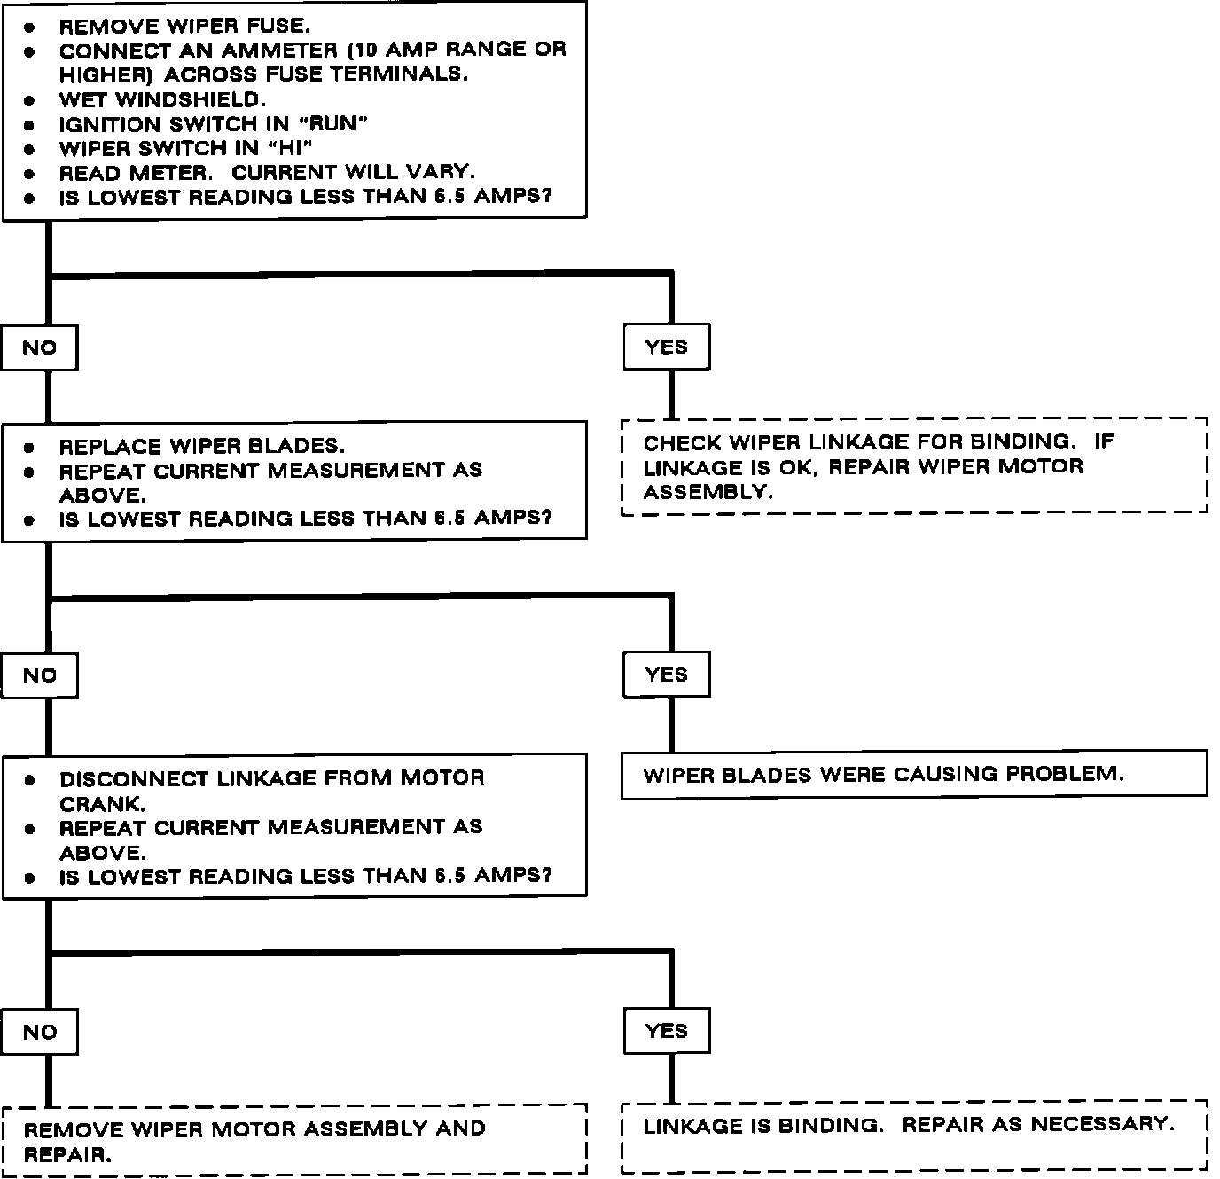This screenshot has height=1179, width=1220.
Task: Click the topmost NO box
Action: coord(39,347)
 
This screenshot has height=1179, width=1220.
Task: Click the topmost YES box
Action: coord(667,347)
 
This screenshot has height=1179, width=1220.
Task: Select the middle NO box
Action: coord(39,675)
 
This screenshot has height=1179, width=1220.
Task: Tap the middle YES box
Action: coord(667,674)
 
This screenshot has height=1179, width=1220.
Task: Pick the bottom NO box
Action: coord(39,1032)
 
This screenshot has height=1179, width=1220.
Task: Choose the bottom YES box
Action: coord(667,1030)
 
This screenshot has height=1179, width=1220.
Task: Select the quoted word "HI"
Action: coord(290,148)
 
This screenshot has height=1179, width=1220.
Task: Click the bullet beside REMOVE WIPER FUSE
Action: coord(29,27)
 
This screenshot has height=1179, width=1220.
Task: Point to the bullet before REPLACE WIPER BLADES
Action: coord(29,448)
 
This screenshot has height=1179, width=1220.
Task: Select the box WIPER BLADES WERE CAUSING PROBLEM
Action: coord(913,774)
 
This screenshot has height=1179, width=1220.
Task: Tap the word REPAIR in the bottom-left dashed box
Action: coord(67,1155)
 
